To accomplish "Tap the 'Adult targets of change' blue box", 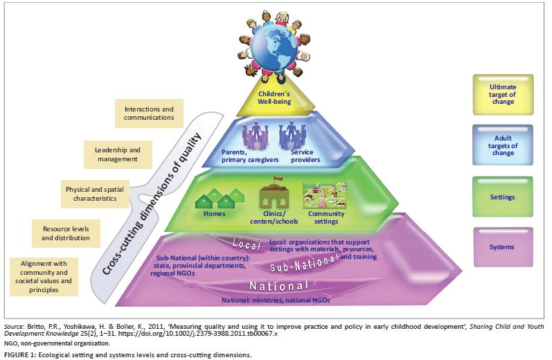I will point(503,145).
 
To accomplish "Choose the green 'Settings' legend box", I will point(503,197).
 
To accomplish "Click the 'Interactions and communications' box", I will point(149,113).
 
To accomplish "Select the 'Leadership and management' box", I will point(116,154).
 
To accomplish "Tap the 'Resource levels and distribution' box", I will point(66,233).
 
